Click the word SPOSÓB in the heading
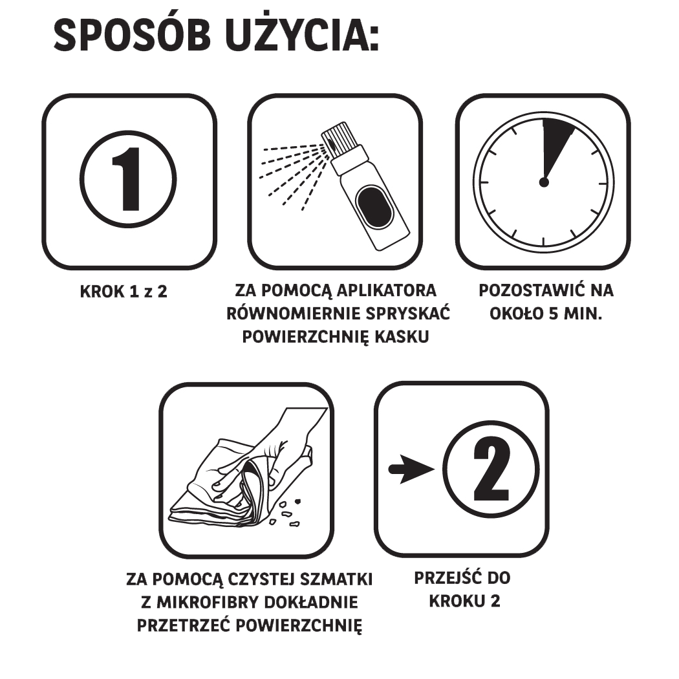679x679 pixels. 132,36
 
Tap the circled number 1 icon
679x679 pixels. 128,179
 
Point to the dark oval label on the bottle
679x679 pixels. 374,208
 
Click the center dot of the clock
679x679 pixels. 544,182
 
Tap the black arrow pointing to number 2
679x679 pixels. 411,469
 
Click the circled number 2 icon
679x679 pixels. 491,469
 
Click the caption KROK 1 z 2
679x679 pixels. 124,292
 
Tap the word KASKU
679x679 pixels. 402,336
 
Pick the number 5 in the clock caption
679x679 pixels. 554,314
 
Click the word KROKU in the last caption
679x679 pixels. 457,601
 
